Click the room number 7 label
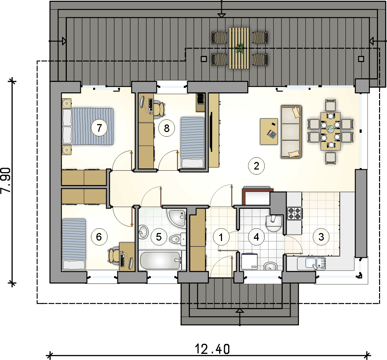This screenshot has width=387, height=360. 99,128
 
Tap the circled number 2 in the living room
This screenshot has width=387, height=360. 256,166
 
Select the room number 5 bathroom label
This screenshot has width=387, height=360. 159,237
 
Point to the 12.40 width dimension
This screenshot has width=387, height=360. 212,349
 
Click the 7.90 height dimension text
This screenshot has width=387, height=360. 6,180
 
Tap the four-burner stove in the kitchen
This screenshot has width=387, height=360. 295,214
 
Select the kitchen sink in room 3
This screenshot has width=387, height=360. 312,263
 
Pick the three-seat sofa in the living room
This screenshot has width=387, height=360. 291,131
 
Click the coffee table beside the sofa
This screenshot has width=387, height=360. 269,131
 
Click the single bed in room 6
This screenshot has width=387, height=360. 74,244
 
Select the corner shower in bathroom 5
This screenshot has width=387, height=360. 176,218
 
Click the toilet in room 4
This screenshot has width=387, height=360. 274,223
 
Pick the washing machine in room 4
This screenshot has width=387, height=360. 249,262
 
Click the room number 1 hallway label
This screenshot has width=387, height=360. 221,237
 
